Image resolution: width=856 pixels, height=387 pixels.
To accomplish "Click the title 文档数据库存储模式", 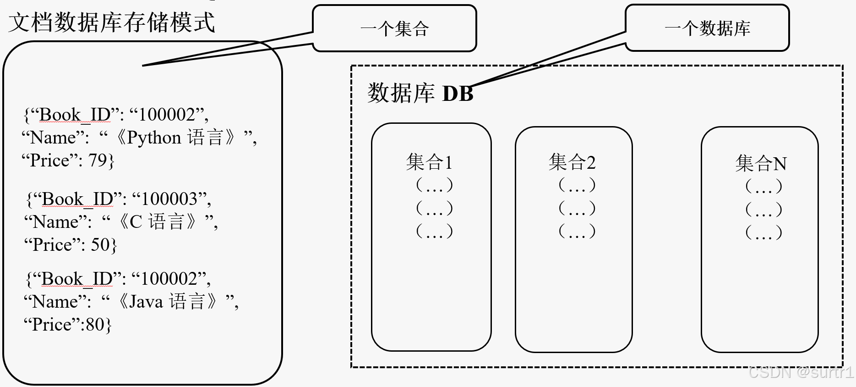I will point(112,22).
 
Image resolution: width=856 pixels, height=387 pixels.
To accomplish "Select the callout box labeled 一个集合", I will point(394,28).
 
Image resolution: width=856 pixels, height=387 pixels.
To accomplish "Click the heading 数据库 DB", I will point(420,93).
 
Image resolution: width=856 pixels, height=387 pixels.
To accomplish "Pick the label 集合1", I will point(429,162).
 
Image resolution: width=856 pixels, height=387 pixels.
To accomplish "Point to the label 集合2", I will point(572,162).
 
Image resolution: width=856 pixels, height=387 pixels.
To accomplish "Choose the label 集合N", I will point(761,164).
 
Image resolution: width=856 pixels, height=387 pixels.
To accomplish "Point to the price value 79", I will point(98,160).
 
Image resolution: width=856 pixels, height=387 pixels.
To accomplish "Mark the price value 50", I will point(100,245).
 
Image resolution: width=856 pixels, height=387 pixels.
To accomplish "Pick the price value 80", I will point(95,325).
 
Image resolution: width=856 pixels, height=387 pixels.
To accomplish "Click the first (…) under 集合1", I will point(434,185).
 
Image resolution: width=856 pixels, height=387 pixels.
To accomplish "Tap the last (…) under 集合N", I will point(763,232).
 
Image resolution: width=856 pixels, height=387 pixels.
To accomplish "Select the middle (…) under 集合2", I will point(577,208).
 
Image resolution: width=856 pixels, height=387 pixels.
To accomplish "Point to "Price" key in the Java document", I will point(50,325).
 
